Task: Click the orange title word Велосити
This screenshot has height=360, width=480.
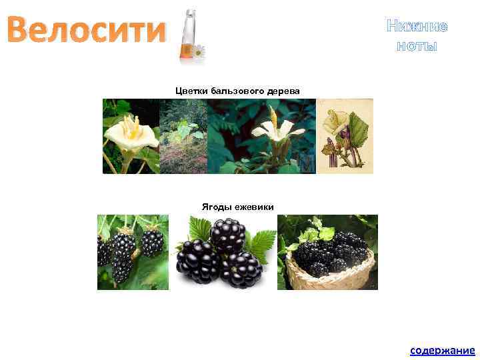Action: pos(87,31)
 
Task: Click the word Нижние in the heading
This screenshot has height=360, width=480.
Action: pos(417,27)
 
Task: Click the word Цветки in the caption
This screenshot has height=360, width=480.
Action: pos(192,90)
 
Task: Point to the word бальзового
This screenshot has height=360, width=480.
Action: pos(238,90)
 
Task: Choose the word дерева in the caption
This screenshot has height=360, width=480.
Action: pos(284,90)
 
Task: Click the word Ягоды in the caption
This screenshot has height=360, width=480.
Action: pos(215,206)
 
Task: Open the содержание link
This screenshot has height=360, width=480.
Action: pos(442,350)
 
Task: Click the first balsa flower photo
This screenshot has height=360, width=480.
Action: pos(131,136)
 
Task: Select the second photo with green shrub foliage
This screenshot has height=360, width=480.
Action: pos(183,136)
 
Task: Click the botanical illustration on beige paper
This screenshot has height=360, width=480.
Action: pos(345,136)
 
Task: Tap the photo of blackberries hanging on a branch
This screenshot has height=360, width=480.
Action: pos(133,252)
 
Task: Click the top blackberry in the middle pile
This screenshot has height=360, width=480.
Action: pos(227,233)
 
